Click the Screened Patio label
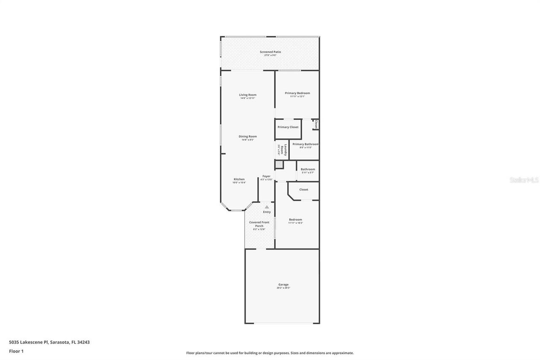point(270,53)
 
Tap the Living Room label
point(248,96)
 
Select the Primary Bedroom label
point(297,95)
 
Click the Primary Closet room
point(288,127)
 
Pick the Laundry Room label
point(282,150)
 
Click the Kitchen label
point(239,181)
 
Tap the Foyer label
point(266,178)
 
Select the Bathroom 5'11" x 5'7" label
point(308,171)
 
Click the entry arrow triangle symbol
point(267,207)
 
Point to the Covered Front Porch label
point(259,225)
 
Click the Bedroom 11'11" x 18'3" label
point(295,221)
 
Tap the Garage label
point(283,286)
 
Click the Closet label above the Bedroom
point(304,189)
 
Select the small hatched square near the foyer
point(279,165)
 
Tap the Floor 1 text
point(16,351)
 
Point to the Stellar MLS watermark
point(524,180)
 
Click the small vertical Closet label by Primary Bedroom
point(316,124)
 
